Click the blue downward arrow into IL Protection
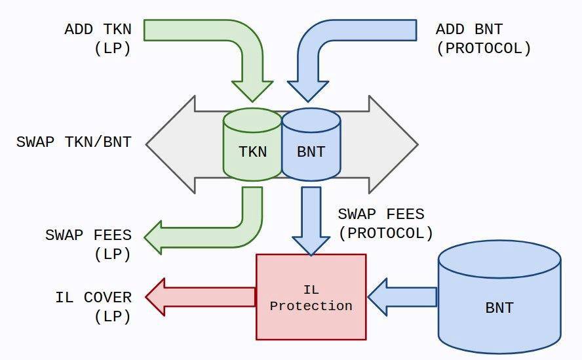(x=311, y=220)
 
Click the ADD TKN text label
(x=98, y=30)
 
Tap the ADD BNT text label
(x=469, y=30)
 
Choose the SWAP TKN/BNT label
(x=73, y=142)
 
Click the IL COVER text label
(x=93, y=297)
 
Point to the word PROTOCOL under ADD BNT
(x=484, y=49)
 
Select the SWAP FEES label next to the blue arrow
(x=381, y=214)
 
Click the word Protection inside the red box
(x=311, y=306)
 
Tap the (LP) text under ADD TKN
(x=112, y=49)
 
